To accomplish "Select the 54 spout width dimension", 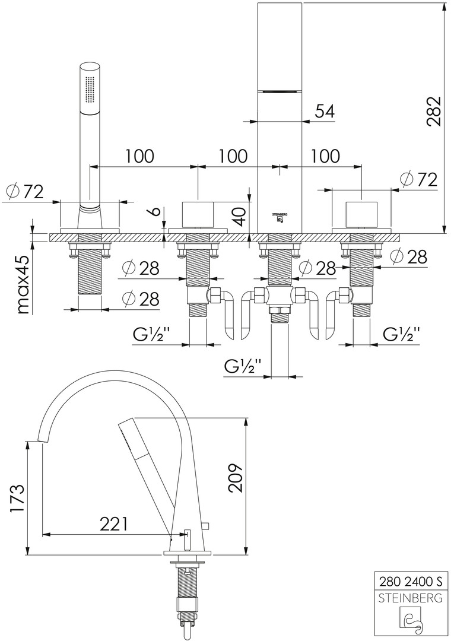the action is tap(325, 111).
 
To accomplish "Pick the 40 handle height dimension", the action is tap(241, 216).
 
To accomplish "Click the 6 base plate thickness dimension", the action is tap(155, 212).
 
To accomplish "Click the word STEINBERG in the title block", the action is tap(410, 598).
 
